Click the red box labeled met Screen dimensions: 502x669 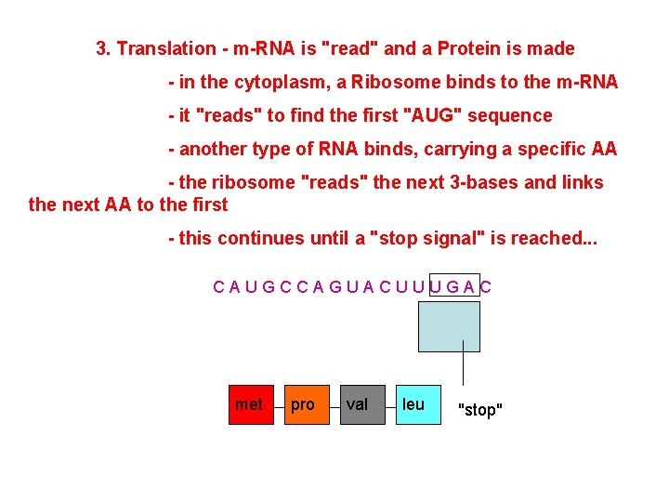click(252, 404)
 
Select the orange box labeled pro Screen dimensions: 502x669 click(307, 404)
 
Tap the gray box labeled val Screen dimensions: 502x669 click(361, 404)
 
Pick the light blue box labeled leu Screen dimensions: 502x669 click(417, 404)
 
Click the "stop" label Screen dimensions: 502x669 click(480, 410)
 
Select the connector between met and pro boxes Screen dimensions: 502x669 click(279, 405)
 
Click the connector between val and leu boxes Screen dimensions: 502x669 click(389, 405)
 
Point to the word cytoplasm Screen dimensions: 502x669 click(277, 82)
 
